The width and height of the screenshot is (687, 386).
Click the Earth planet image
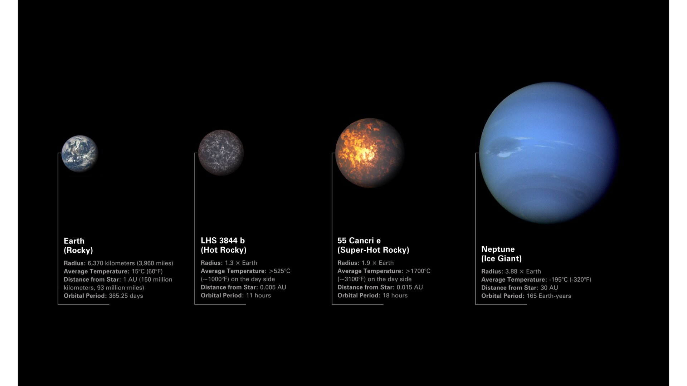tap(79, 154)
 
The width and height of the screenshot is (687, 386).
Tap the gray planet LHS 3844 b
tap(221, 153)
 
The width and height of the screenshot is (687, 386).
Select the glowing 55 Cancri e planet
tap(370, 153)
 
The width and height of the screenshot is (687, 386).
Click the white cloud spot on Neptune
tap(504, 155)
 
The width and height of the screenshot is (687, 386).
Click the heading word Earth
tap(74, 241)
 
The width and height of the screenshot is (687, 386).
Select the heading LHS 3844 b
tap(223, 241)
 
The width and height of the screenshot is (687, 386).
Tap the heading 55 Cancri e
tap(359, 241)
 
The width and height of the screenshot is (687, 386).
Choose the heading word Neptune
tap(498, 249)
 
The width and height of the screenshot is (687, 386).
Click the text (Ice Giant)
tap(501, 258)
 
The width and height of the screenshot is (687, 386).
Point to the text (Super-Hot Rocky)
tap(373, 250)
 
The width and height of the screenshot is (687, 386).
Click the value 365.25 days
tap(126, 296)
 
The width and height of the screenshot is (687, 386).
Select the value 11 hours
tap(258, 296)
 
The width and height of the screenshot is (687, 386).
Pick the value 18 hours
tap(395, 296)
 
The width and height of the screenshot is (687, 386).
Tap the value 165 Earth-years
tap(549, 296)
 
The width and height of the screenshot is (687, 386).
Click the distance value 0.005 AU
tap(273, 287)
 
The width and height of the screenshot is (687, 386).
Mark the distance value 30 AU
tap(549, 288)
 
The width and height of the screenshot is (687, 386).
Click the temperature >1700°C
tap(418, 271)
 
